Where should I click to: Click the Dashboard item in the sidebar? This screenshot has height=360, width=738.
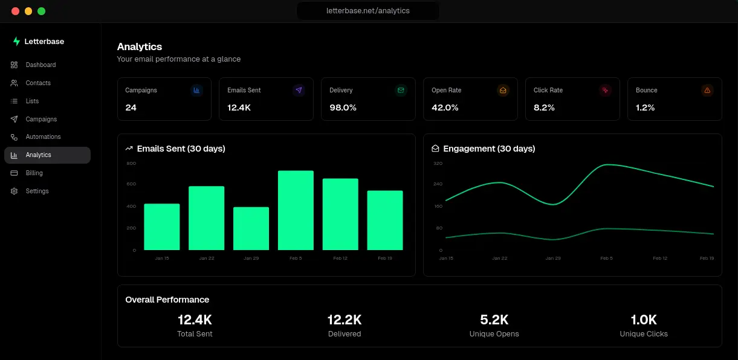pos(40,65)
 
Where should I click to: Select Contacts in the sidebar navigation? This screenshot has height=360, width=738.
pos(38,83)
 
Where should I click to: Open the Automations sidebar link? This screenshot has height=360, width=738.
pos(43,137)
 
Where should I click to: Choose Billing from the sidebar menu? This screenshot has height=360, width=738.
pos(34,173)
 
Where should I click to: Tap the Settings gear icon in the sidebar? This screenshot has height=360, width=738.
pos(14,191)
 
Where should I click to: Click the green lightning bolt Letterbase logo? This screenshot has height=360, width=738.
pos(16,42)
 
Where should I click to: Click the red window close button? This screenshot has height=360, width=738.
pos(15,11)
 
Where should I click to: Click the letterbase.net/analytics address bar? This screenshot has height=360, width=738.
pos(367,11)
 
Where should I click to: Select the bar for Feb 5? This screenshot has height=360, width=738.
pos(296,210)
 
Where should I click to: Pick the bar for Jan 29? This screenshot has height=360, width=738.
pos(251,228)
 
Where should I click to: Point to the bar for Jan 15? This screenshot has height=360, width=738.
pos(162,227)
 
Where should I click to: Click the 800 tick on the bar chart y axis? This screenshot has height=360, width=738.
pos(131,163)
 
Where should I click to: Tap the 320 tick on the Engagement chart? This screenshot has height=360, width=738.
pos(438,163)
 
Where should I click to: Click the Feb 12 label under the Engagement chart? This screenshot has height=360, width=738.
pos(660,259)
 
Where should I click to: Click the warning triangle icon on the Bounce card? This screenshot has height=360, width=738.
pos(707,90)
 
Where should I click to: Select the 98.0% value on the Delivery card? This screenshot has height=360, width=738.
pos(343,108)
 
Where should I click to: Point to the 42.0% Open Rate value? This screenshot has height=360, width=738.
pos(445,108)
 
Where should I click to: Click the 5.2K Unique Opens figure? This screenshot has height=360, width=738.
pos(494,320)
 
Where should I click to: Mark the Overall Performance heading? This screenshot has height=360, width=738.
pos(167,300)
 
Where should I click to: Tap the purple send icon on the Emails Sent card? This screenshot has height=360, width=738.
pos(299,90)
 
